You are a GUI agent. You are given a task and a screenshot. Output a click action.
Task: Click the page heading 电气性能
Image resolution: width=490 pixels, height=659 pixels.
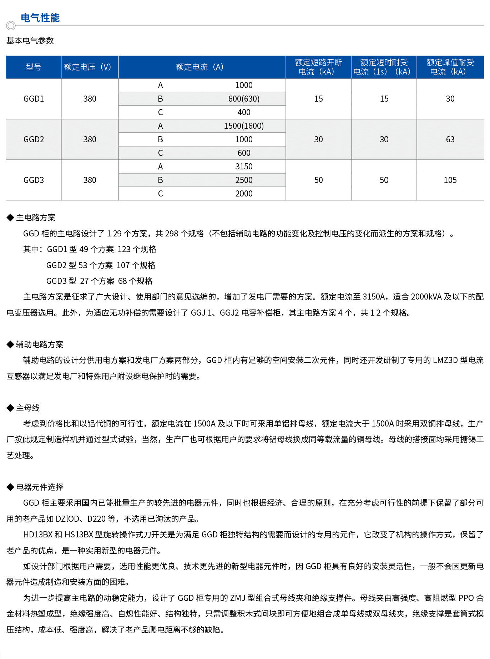point(40,18)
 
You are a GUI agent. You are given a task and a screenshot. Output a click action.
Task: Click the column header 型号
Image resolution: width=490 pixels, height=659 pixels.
point(34,67)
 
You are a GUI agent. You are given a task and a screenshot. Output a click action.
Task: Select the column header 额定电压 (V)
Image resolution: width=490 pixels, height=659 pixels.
point(88,67)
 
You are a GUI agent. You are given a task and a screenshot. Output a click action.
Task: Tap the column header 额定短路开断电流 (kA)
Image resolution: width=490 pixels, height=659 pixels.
point(318,67)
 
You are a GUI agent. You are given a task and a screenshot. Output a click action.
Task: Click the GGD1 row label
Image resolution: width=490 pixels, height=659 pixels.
point(34,99)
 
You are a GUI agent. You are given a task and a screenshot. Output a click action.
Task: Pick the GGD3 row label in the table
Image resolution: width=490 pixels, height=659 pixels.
point(34,180)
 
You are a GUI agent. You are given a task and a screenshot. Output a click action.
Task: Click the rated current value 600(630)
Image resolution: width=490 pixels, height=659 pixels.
point(244,99)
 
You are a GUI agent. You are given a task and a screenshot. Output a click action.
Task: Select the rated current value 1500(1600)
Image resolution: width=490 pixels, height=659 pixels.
point(244,126)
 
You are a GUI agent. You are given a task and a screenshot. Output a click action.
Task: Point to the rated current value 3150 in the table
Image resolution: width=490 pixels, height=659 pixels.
point(244,167)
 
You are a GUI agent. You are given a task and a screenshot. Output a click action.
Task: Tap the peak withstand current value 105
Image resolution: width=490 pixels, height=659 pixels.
point(450,180)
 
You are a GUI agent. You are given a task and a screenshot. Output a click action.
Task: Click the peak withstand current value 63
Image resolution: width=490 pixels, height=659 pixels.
point(450,139)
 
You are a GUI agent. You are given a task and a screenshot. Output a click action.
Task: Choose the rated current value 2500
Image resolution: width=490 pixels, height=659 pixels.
point(244,180)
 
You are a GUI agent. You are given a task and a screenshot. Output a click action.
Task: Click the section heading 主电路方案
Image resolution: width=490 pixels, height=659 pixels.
point(35,218)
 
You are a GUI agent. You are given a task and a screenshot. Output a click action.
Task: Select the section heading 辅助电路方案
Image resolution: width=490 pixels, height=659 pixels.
point(39,344)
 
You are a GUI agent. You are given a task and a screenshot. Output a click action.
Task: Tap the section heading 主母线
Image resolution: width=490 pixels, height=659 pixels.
point(27,408)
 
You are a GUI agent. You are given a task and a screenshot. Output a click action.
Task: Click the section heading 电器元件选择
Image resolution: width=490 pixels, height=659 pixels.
point(39,487)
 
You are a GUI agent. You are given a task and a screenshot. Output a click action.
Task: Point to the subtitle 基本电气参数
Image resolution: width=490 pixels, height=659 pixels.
point(30,41)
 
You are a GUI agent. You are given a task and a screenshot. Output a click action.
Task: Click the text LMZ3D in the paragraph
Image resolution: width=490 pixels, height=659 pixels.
point(445,360)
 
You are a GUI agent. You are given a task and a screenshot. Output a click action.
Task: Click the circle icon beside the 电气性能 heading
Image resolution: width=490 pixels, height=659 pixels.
point(11,26)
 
